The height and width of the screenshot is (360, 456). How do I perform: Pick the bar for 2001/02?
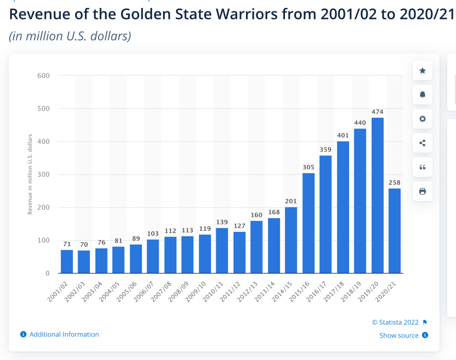[67, 262]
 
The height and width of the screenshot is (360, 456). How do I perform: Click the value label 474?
[377, 112]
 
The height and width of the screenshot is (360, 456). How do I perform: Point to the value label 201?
[291, 201]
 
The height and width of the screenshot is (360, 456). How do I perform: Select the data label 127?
[239, 226]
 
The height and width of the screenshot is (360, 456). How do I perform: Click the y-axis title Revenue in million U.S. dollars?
[30, 174]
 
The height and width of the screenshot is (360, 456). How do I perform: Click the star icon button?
[422, 71]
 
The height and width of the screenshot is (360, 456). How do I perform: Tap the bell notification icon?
[422, 95]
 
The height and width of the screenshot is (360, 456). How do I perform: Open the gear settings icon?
[422, 119]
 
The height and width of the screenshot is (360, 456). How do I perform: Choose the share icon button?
[422, 143]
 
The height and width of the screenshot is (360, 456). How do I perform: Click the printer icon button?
[422, 191]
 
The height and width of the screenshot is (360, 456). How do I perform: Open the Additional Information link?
[64, 334]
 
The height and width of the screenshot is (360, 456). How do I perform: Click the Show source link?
[399, 335]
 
